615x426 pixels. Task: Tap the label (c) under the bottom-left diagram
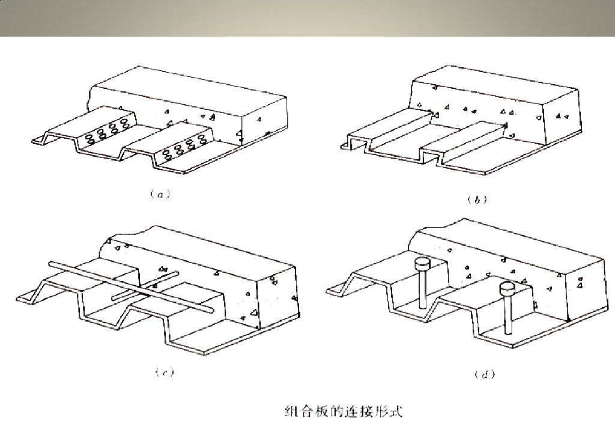(x=165, y=372)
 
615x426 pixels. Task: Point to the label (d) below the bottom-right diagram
(x=485, y=374)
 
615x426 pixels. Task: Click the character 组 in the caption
(x=291, y=412)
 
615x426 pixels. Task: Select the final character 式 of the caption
(x=396, y=412)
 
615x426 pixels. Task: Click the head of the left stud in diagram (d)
(x=422, y=263)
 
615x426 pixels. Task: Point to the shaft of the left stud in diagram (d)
(x=422, y=289)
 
